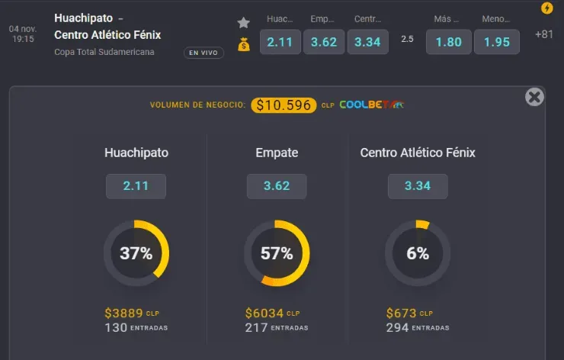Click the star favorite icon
[243, 22]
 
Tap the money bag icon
[243, 44]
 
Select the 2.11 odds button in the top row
[280, 42]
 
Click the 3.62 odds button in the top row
[324, 42]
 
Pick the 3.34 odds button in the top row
[367, 42]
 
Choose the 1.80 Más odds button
[448, 42]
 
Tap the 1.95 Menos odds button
[496, 42]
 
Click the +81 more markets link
[544, 34]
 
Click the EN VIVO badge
[203, 53]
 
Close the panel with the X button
[534, 97]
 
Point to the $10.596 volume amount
[284, 105]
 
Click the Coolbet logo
[372, 104]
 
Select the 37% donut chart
[136, 254]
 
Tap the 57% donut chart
[277, 254]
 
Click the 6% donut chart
[418, 254]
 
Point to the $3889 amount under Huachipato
[122, 313]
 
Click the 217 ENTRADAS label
[277, 327]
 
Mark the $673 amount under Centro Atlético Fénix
[401, 313]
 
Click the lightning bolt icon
[546, 8]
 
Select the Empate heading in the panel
[277, 153]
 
